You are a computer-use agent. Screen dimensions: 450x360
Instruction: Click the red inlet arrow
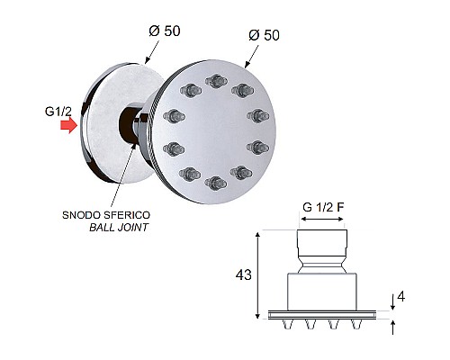point(69,125)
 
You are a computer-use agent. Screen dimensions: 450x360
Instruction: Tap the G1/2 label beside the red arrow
point(58,112)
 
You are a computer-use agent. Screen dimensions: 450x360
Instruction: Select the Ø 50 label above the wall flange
point(165,31)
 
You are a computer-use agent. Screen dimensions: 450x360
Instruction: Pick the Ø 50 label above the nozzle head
point(264,35)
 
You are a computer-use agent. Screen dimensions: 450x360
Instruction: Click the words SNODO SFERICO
point(106,215)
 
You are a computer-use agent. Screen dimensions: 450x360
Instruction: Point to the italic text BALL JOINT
point(119,228)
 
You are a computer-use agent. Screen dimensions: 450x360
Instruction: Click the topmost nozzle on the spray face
point(216,81)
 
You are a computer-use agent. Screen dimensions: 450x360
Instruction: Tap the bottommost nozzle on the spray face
point(216,183)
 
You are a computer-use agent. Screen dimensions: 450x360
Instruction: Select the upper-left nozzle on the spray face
point(191,90)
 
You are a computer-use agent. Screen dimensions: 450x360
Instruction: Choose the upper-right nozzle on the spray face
point(242,90)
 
